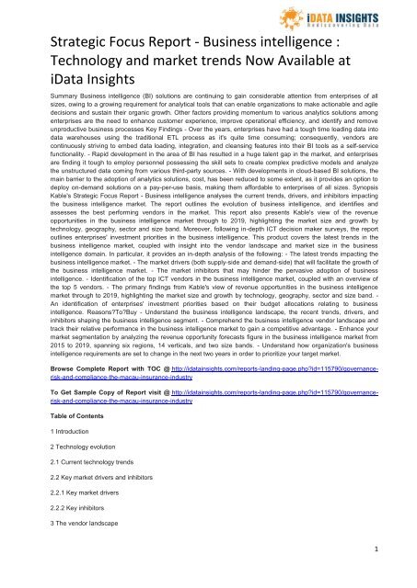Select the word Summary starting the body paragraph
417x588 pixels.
41,121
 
